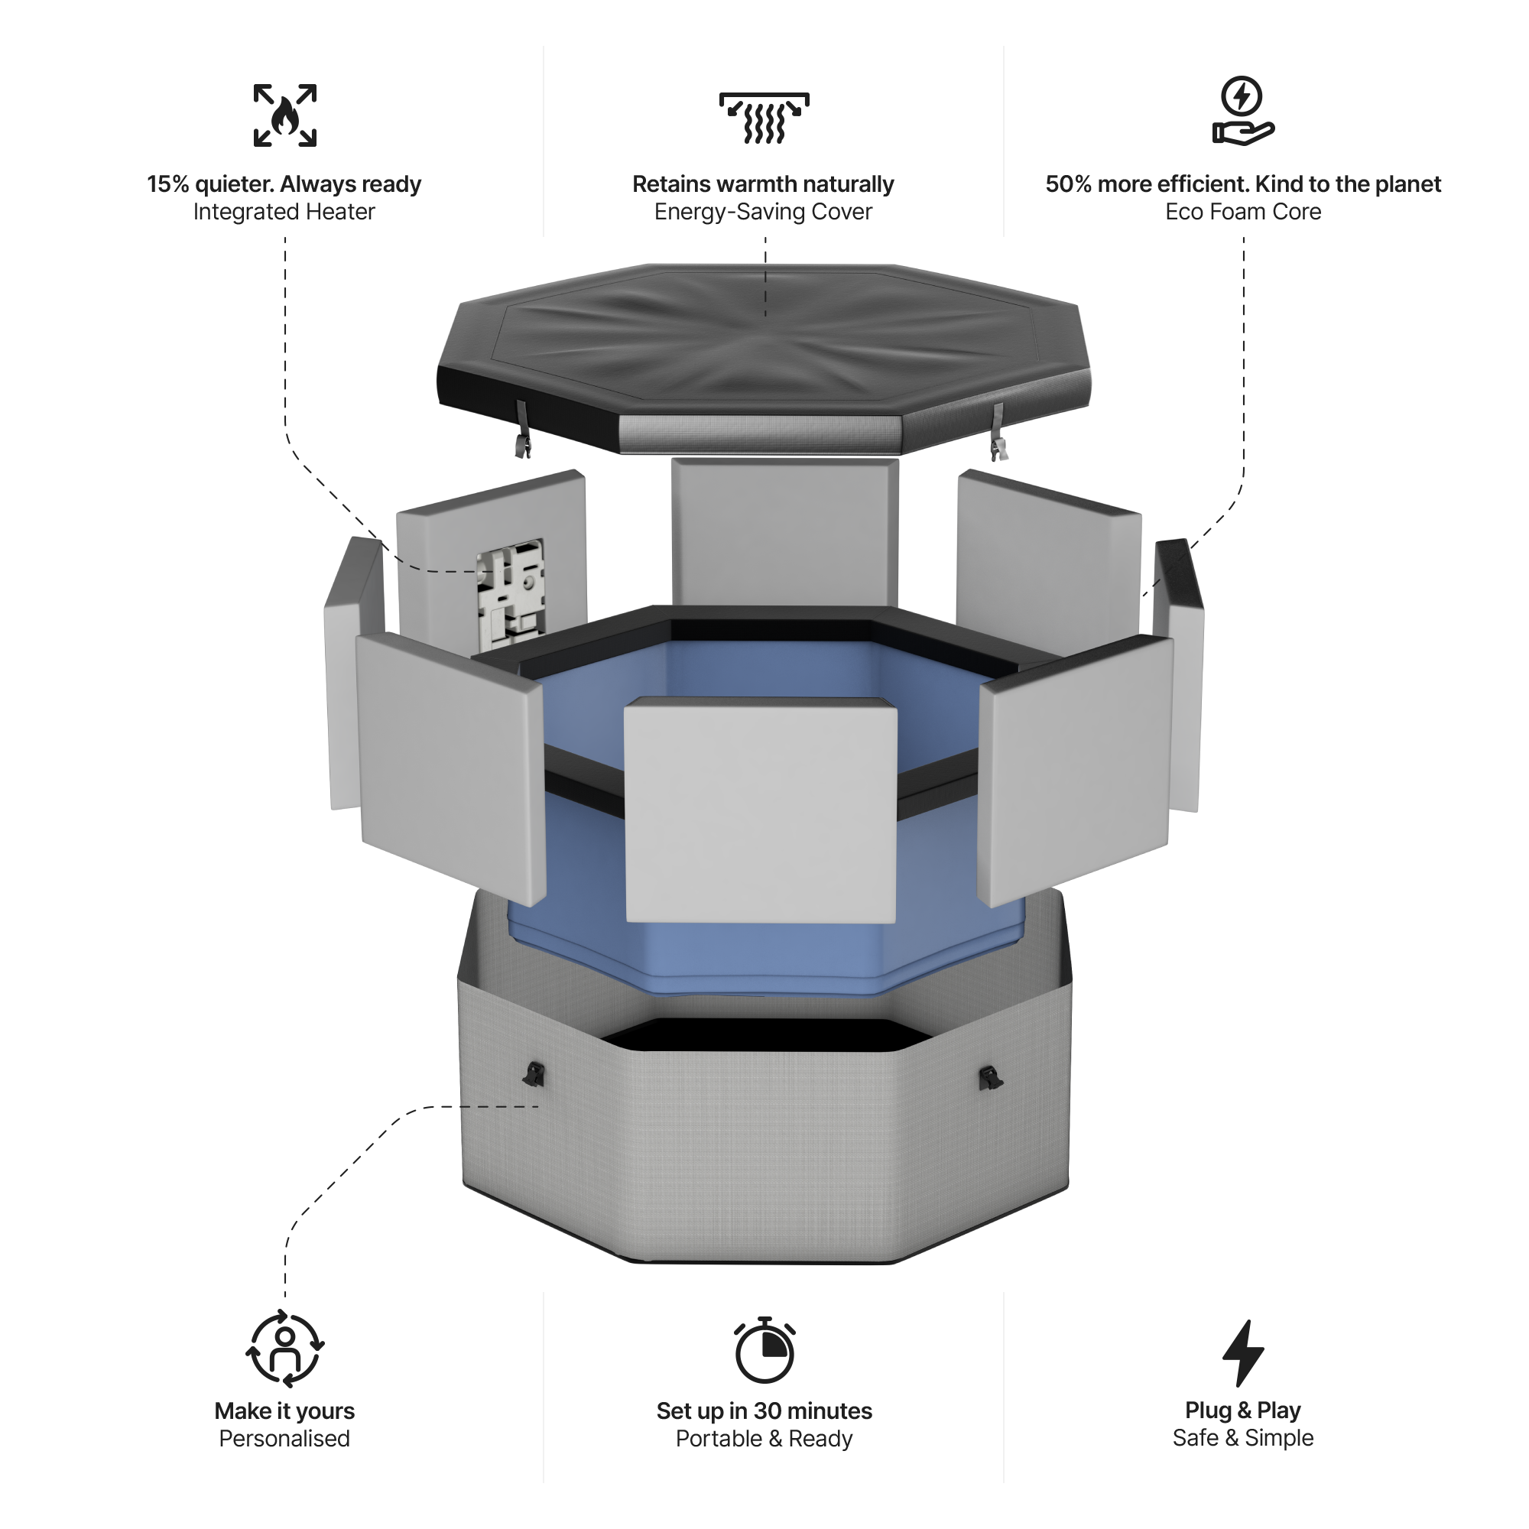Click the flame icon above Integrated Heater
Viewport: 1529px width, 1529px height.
click(285, 115)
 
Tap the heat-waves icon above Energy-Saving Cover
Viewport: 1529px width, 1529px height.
click(764, 118)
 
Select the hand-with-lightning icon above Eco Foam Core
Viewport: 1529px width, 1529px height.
click(1242, 111)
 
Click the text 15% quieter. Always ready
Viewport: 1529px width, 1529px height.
click(284, 183)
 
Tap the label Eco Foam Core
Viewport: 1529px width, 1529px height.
click(1242, 211)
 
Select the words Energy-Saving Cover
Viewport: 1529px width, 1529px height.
click(763, 211)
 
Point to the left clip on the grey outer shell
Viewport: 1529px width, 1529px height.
click(534, 1074)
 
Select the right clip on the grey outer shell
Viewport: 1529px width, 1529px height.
click(990, 1077)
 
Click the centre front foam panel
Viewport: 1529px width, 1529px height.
click(761, 811)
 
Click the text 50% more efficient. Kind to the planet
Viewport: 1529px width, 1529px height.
click(1242, 183)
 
